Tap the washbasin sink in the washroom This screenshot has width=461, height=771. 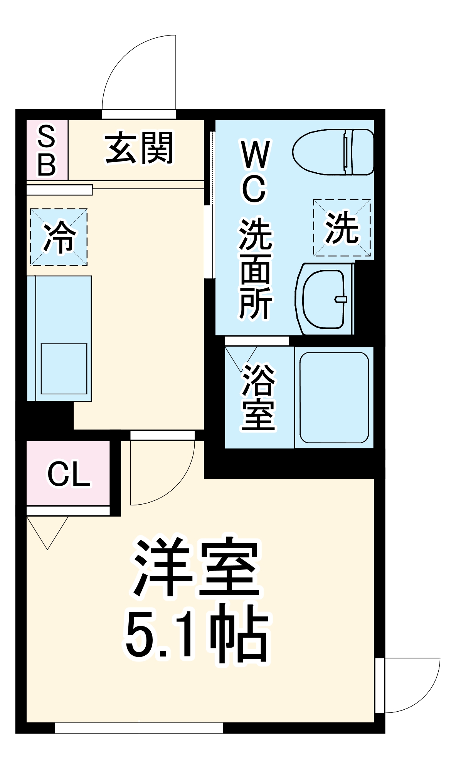(324, 299)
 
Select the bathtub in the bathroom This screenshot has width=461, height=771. (334, 397)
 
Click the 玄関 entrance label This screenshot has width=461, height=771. (140, 148)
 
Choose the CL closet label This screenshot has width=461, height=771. (69, 474)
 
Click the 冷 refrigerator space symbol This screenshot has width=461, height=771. (59, 237)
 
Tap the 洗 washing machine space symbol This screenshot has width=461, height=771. (342, 227)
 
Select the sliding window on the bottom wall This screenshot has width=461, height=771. (139, 728)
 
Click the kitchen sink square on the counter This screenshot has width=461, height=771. (64, 369)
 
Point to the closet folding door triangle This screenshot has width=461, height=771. (47, 530)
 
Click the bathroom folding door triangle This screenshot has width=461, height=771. (241, 357)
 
